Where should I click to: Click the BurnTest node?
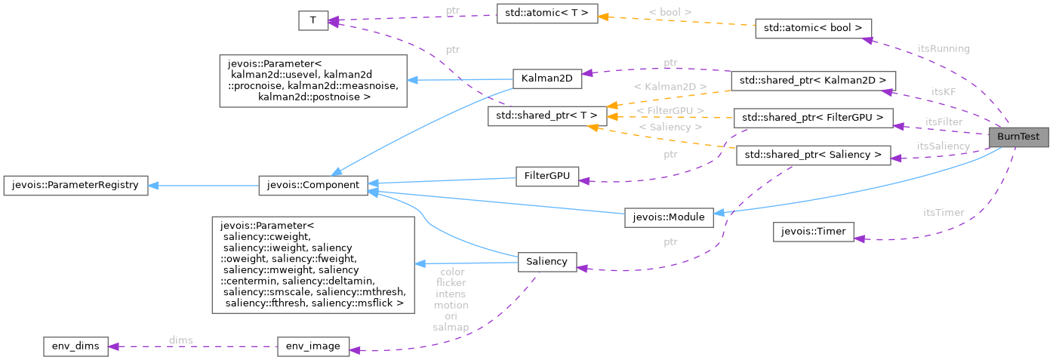point(1018,138)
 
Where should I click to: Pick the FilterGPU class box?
point(547,177)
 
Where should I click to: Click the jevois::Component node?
point(313,185)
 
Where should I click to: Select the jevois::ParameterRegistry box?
point(75,185)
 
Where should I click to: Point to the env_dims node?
point(76,346)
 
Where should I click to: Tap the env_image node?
point(313,346)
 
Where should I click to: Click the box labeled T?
point(313,21)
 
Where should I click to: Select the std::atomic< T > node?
point(547,14)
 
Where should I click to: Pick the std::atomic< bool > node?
point(814,29)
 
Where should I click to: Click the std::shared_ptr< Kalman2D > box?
point(814,80)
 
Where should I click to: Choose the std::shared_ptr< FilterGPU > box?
point(814,118)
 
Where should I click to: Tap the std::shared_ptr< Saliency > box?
point(814,155)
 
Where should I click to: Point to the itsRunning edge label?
point(944,48)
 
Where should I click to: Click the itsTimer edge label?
point(944,213)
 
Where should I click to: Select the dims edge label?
point(180,340)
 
